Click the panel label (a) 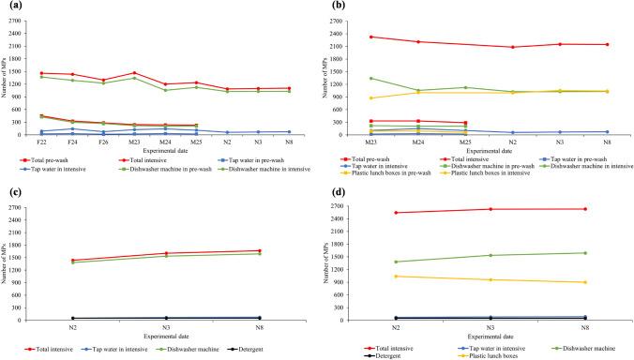[x=9, y=6]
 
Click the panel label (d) [x=332, y=191]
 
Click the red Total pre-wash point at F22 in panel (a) [x=42, y=72]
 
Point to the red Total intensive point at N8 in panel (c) [x=260, y=250]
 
